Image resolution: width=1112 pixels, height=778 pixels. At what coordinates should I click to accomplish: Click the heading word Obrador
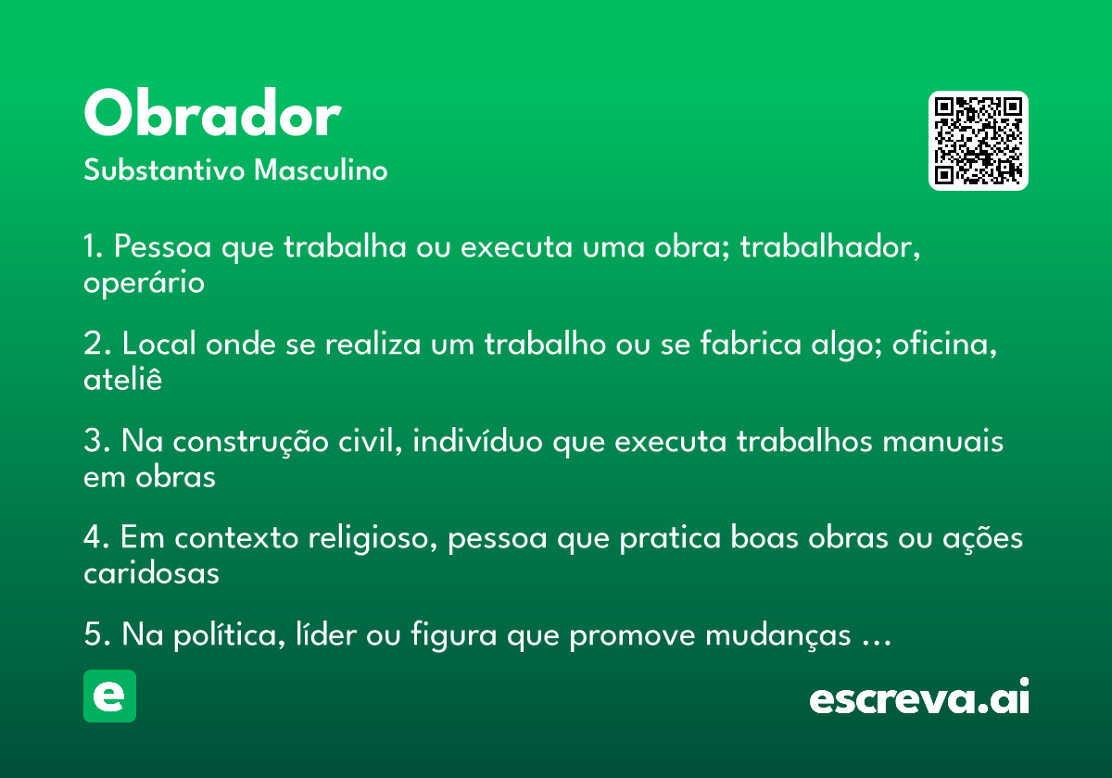212,112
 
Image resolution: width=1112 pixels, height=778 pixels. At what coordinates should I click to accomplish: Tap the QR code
978,141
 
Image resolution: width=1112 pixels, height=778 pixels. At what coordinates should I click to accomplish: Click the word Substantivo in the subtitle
164,169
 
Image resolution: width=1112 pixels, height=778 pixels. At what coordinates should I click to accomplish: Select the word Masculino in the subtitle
321,169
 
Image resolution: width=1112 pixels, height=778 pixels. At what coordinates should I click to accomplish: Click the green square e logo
109,696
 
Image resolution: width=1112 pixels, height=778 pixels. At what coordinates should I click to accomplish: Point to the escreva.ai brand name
919,696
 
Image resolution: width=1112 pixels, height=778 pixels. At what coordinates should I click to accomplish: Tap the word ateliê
122,379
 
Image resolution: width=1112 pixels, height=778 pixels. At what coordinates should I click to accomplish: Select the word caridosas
151,573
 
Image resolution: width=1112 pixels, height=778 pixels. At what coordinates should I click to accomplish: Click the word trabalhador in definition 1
830,246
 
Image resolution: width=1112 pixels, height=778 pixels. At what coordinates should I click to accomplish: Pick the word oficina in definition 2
944,344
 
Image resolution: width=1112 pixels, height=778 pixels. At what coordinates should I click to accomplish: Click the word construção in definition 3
250,442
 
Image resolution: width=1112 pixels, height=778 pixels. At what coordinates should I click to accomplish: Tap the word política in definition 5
230,635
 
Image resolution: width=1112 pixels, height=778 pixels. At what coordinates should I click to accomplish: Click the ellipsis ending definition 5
877,644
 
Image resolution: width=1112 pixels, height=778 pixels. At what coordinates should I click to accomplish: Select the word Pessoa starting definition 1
163,246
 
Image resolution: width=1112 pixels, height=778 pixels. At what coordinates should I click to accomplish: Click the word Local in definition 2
158,344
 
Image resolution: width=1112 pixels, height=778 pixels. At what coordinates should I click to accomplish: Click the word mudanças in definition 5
778,636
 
